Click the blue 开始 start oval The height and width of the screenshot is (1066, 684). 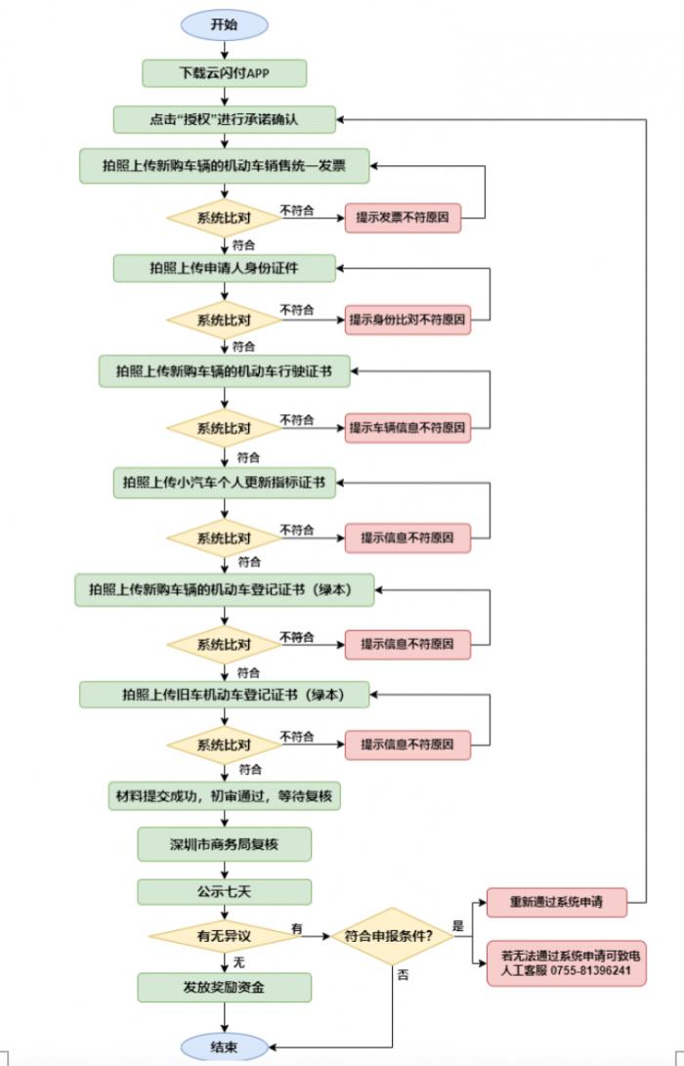pyautogui.click(x=225, y=24)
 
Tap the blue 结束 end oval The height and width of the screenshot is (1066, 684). pyautogui.click(x=225, y=1047)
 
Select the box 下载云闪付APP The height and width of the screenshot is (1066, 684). pyautogui.click(x=225, y=73)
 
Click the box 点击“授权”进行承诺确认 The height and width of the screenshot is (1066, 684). pyautogui.click(x=225, y=119)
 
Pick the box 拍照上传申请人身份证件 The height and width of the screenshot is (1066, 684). pyautogui.click(x=225, y=268)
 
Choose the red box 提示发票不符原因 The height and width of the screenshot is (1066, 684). pyautogui.click(x=403, y=218)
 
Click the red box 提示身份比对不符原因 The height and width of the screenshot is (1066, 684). pyautogui.click(x=407, y=320)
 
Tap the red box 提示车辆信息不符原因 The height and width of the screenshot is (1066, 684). pyautogui.click(x=407, y=428)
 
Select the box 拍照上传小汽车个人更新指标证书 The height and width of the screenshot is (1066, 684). pyautogui.click(x=225, y=483)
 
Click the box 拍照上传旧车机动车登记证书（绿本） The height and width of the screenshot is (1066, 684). pyautogui.click(x=225, y=695)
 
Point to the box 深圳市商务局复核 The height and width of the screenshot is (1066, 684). pyautogui.click(x=225, y=844)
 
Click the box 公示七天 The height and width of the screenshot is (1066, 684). pyautogui.click(x=225, y=892)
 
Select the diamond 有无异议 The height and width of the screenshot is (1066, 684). pyautogui.click(x=225, y=936)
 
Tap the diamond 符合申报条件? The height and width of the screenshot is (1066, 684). pyautogui.click(x=392, y=936)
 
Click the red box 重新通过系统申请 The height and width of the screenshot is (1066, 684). pyautogui.click(x=557, y=902)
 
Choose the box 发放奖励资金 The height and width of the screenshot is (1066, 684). pyautogui.click(x=225, y=987)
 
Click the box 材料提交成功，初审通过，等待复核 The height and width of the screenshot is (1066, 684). pyautogui.click(x=225, y=795)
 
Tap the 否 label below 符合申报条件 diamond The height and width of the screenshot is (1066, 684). pyautogui.click(x=404, y=975)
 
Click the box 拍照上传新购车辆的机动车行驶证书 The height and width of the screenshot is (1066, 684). pyautogui.click(x=225, y=371)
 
